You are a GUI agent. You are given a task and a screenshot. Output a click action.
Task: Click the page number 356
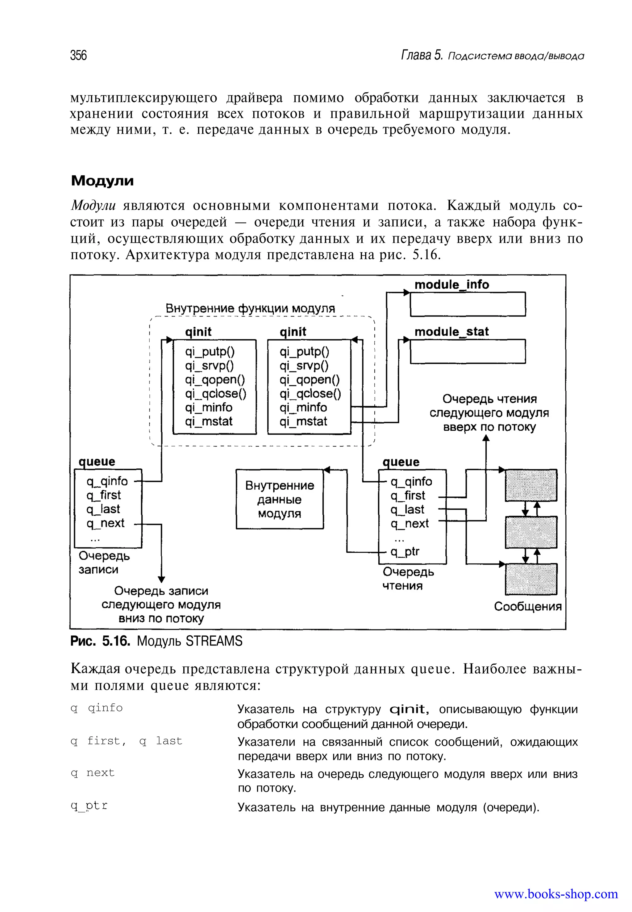[78, 55]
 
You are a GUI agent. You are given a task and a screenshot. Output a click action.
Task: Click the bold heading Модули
[102, 181]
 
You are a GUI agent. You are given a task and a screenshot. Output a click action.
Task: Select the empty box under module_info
[467, 304]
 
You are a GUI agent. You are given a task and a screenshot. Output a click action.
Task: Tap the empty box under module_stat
[467, 351]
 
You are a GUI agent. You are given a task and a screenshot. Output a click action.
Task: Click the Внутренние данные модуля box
[280, 499]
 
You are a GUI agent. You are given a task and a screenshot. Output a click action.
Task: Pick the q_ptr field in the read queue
[405, 551]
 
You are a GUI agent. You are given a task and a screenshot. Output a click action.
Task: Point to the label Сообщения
[527, 606]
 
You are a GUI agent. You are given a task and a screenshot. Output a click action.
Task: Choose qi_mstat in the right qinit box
[303, 421]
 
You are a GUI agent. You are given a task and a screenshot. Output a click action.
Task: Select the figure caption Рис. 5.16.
[100, 641]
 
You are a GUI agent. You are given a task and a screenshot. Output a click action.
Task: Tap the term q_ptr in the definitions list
[89, 806]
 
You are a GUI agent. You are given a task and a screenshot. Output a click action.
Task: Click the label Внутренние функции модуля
[250, 308]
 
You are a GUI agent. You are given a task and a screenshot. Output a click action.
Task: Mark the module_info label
[451, 284]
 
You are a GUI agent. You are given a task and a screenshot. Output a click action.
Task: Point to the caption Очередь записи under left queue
[104, 563]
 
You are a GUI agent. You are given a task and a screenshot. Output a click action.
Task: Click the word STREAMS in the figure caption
[214, 641]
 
